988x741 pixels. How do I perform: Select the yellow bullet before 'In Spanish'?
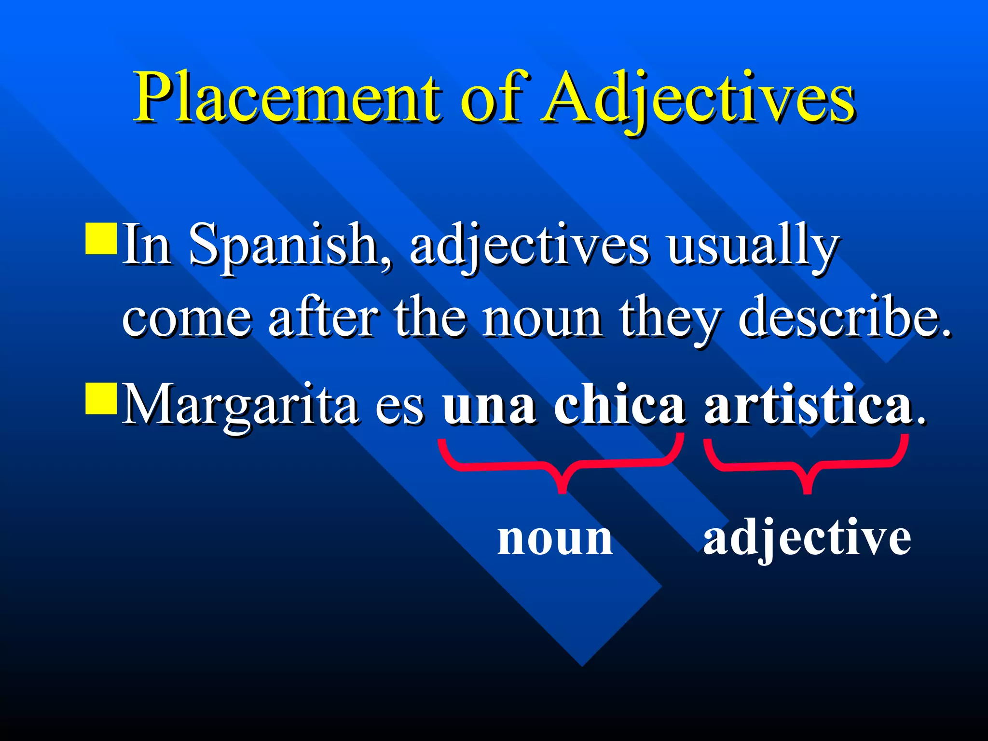pyautogui.click(x=101, y=238)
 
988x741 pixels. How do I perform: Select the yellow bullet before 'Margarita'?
pyautogui.click(x=101, y=398)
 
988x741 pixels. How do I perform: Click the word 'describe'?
pyautogui.click(x=844, y=318)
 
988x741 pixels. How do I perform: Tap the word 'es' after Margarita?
pyautogui.click(x=400, y=408)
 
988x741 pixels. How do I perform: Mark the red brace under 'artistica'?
pyautogui.click(x=806, y=465)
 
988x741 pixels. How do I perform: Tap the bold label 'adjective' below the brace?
pyautogui.click(x=807, y=538)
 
